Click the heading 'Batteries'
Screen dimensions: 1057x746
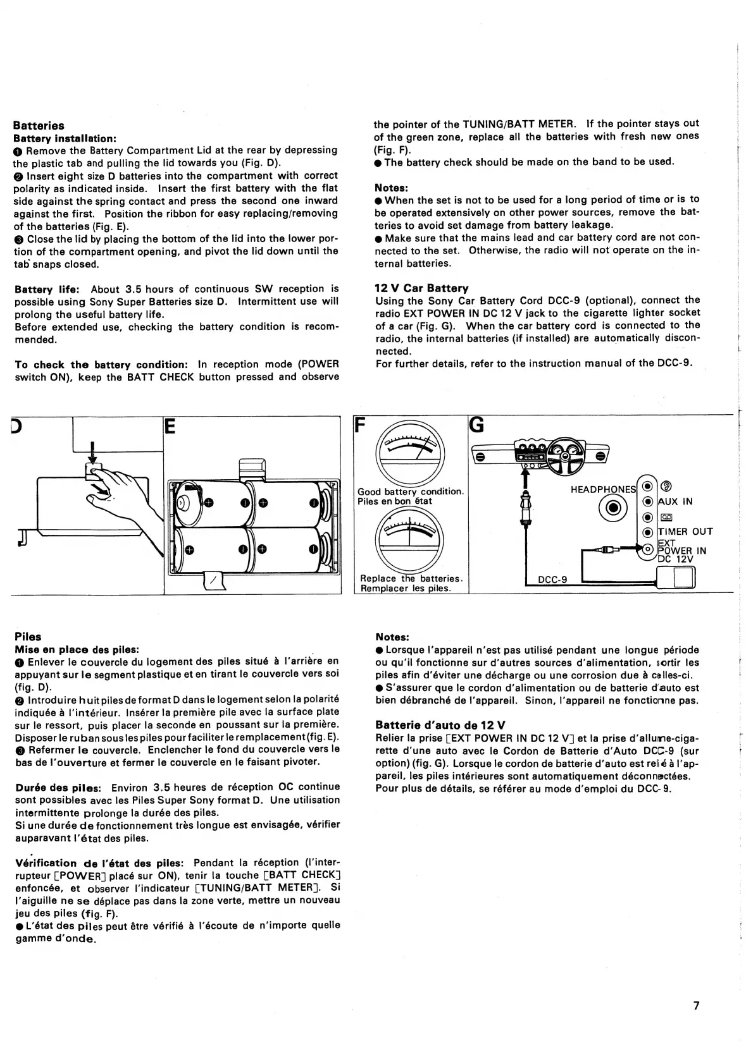tap(39, 126)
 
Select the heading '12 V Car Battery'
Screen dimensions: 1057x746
tap(421, 288)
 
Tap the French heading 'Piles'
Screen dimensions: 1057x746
tap(28, 637)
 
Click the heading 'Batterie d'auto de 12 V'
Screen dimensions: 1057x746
tap(440, 725)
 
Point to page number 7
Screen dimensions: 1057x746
tap(696, 1006)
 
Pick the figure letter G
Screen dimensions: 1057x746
tap(476, 425)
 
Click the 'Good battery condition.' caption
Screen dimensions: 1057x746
tap(411, 491)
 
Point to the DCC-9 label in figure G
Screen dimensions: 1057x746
tap(552, 580)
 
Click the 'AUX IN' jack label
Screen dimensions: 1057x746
tap(675, 501)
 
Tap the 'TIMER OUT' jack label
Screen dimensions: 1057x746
tap(685, 532)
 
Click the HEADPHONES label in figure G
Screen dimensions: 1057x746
tap(603, 489)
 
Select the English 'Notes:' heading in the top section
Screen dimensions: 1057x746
tap(392, 188)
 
